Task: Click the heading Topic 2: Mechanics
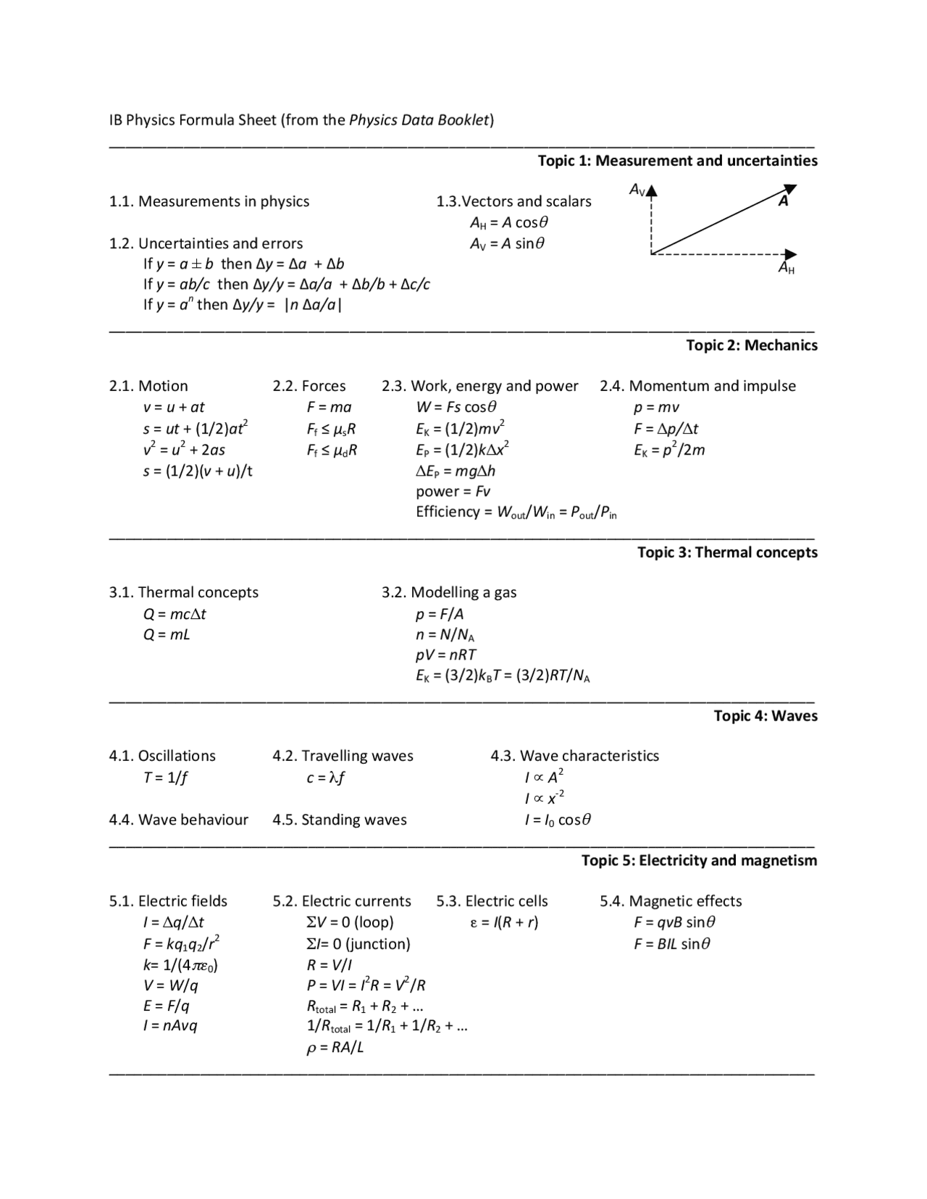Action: click(752, 345)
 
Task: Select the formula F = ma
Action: click(329, 407)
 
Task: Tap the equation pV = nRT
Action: click(445, 655)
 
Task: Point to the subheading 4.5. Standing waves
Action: click(340, 820)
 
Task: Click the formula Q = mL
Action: click(167, 635)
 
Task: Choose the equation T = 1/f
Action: click(166, 778)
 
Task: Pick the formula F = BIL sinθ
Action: click(672, 943)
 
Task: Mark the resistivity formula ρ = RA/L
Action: click(335, 1048)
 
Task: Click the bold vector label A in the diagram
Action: click(783, 201)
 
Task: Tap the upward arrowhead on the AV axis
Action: click(652, 191)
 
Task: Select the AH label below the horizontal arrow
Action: click(787, 268)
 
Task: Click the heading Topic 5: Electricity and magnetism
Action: click(699, 860)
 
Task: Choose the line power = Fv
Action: click(453, 492)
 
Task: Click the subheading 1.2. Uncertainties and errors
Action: click(206, 243)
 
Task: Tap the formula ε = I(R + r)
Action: click(504, 922)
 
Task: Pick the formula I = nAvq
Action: click(170, 1026)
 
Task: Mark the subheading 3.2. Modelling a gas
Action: click(449, 592)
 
